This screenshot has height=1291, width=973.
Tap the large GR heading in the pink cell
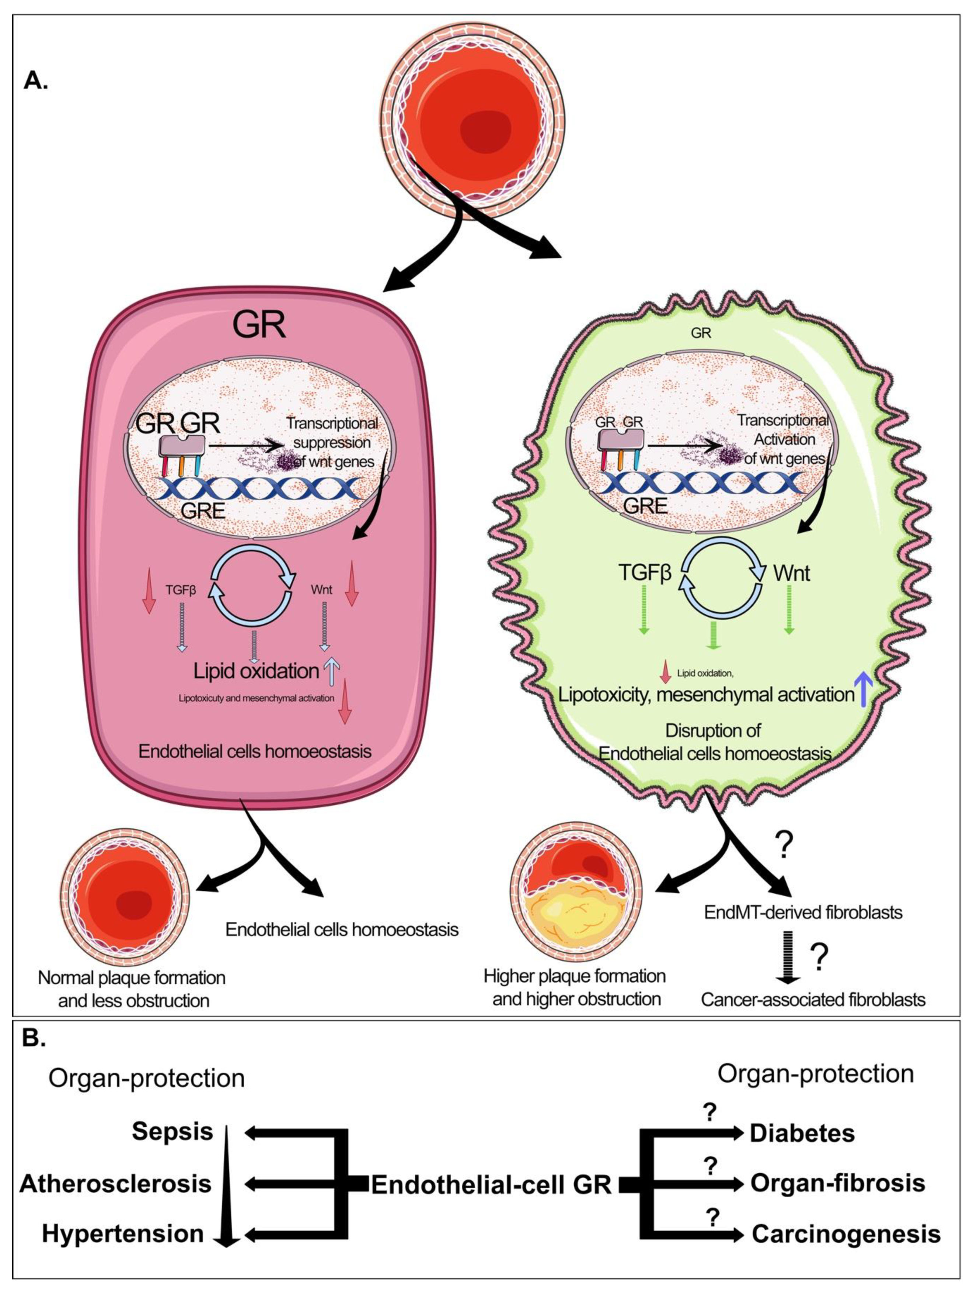pos(259,325)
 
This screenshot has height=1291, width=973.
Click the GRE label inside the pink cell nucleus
pos(203,510)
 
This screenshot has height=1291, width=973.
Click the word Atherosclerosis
pos(115,1183)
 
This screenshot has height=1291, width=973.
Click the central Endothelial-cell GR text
pos(491,1185)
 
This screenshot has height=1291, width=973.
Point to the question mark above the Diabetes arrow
pos(710,1113)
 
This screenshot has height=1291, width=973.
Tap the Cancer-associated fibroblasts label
pos(813,999)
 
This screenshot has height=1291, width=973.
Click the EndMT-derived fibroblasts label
pos(803,912)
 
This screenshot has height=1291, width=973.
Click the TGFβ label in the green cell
pos(645,573)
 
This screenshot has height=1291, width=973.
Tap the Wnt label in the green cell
pos(792,573)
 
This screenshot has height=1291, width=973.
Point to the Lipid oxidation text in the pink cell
pos(256,671)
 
